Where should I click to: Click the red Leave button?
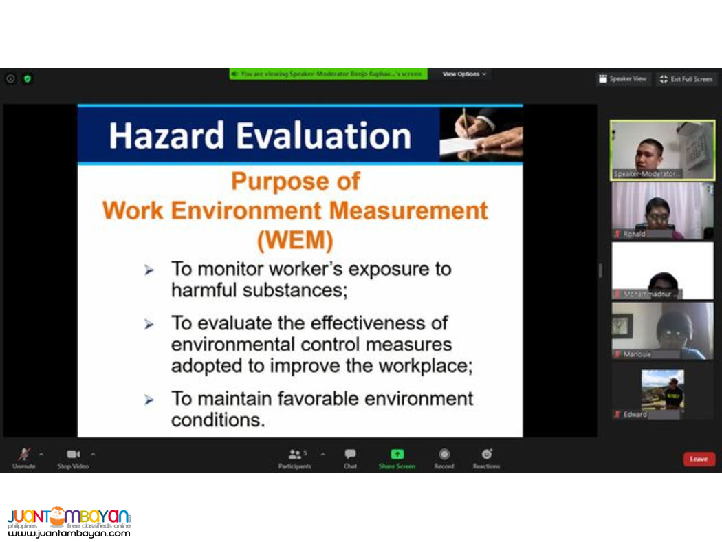(x=699, y=459)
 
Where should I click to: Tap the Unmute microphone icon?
(x=24, y=454)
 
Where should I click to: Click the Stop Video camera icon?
(x=73, y=454)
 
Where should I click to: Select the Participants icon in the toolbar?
(x=295, y=454)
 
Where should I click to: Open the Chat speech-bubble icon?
(x=350, y=454)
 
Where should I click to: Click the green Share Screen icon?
(x=397, y=454)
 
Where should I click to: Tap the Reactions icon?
(x=486, y=454)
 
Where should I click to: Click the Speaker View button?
(x=623, y=79)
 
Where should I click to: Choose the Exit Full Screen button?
(x=686, y=79)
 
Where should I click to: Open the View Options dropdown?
(x=464, y=74)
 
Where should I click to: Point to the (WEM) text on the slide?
(x=294, y=241)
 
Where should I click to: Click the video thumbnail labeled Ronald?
(x=662, y=210)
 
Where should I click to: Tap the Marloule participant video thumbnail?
(x=662, y=330)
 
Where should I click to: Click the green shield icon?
(x=28, y=78)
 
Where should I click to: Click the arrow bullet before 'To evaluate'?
(x=149, y=324)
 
